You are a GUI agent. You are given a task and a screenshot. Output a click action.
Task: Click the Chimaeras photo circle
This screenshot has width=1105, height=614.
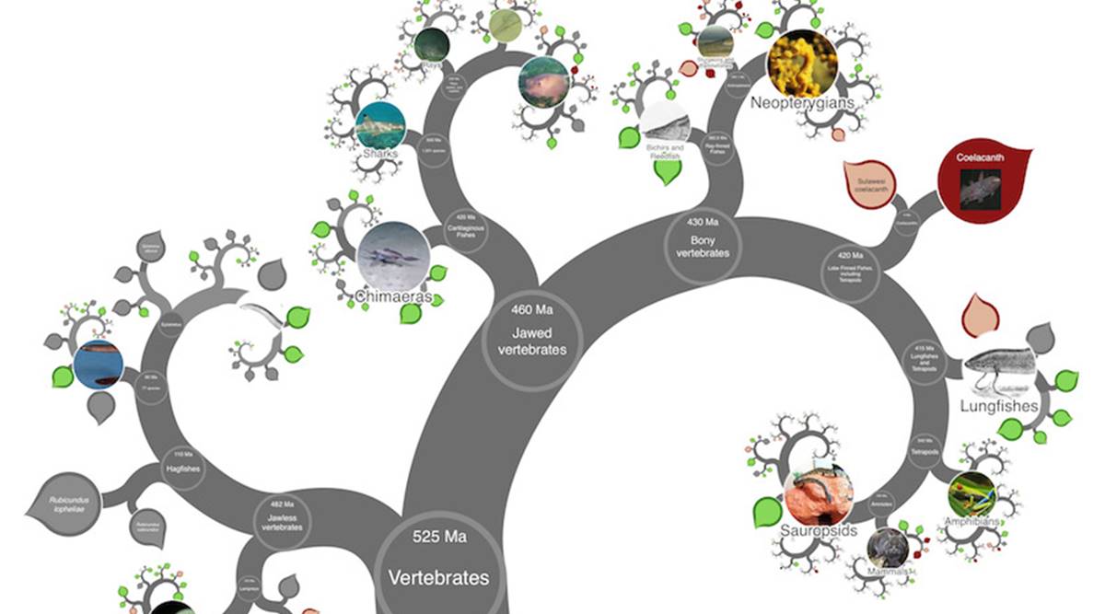pyautogui.click(x=393, y=257)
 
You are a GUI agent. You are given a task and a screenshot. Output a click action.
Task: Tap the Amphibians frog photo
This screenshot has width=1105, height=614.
pyautogui.click(x=971, y=495)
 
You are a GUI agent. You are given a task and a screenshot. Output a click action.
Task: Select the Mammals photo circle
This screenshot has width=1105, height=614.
pyautogui.click(x=888, y=548)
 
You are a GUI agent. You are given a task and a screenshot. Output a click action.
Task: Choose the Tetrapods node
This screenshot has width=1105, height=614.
pyautogui.click(x=926, y=446)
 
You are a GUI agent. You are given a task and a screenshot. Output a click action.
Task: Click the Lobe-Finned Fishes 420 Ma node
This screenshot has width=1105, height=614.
pyautogui.click(x=856, y=267)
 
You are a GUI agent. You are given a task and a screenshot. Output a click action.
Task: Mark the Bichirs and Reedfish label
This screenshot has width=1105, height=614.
pyautogui.click(x=663, y=151)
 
